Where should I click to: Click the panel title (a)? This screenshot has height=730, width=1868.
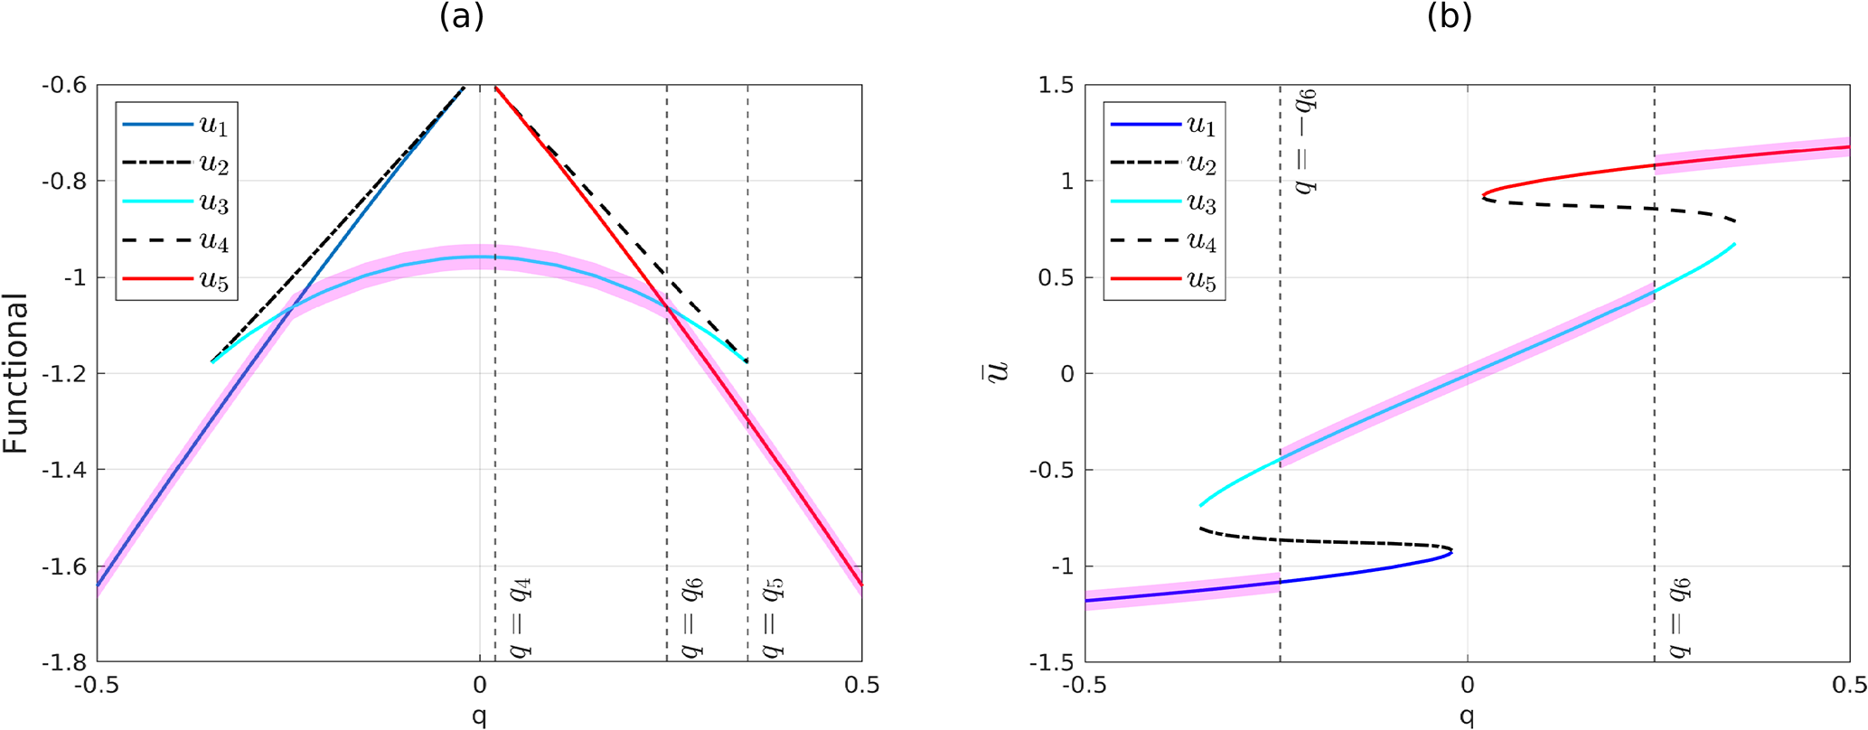point(462,17)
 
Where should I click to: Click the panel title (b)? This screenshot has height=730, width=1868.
point(1450,17)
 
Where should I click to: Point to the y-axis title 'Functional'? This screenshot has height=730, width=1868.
point(16,374)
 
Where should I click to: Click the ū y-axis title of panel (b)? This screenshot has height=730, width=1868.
point(997,372)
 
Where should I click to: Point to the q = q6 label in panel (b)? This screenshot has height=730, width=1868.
point(1680,619)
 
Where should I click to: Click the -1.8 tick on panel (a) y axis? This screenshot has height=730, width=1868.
point(64,663)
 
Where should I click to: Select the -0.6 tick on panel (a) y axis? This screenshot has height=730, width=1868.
point(64,86)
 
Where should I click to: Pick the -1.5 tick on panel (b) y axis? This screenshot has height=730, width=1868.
point(1053,663)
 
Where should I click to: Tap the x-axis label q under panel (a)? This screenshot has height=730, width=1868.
point(479,716)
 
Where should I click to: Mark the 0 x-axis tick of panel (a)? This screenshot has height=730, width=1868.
point(479,687)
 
